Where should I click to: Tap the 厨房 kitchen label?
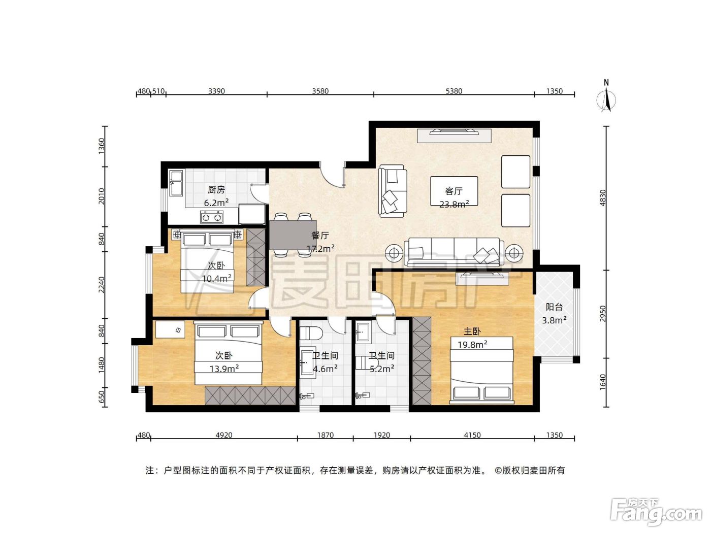[x=216, y=190]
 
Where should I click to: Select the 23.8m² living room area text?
[x=454, y=204]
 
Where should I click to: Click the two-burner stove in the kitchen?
[x=211, y=217]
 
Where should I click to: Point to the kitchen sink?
[x=176, y=183]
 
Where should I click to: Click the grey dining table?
[x=293, y=235]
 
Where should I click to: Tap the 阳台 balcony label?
[x=554, y=307]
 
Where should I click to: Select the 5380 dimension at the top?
[x=454, y=91]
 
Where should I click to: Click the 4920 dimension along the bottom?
[x=224, y=435]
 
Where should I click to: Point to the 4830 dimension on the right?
[x=602, y=198]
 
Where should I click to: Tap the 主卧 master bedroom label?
[x=472, y=331]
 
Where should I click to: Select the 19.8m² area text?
[x=472, y=345]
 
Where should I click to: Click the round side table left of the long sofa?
[x=394, y=253]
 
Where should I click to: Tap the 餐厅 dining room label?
[x=320, y=235]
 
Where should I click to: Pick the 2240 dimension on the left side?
[x=102, y=285]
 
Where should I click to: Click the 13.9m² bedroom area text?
[x=224, y=369]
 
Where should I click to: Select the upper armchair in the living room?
[x=515, y=172]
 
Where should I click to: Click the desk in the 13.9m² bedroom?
[x=170, y=329]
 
